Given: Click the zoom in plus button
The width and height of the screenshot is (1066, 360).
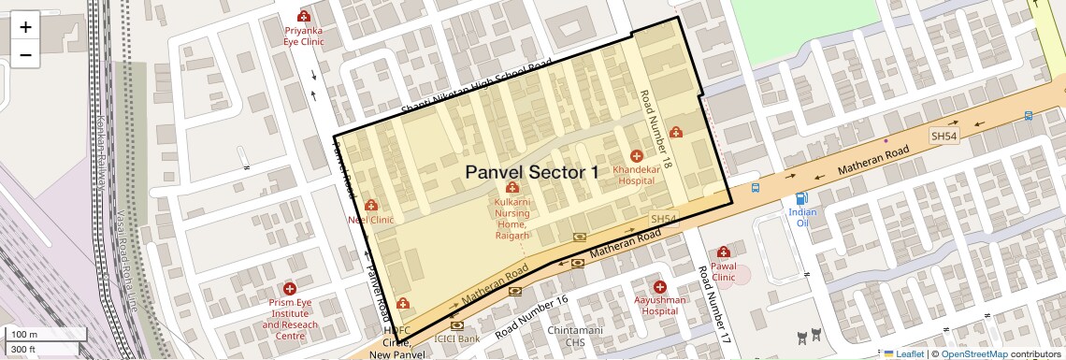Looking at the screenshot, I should point(25,26).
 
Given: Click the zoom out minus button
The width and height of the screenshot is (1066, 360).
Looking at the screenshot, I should point(25,55).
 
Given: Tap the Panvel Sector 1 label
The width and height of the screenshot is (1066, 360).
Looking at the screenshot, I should point(531,172).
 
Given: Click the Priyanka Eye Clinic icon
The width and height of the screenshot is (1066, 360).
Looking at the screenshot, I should point(303,16).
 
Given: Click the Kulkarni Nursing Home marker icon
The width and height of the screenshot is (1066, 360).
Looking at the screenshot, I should point(511,189).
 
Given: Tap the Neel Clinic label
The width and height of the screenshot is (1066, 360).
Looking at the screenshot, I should point(371,220).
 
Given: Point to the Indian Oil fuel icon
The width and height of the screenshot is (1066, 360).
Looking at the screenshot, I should point(801,198).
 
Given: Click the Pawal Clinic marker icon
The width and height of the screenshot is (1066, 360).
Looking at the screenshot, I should point(723,252).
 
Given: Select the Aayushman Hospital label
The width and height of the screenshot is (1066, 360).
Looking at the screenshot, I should point(660,306).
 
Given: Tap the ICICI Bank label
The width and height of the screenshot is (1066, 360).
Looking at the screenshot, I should point(457,338).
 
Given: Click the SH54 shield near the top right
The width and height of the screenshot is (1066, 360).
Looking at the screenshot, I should point(944,137).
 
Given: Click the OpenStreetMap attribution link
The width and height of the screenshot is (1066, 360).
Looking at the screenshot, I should point(974,353).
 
